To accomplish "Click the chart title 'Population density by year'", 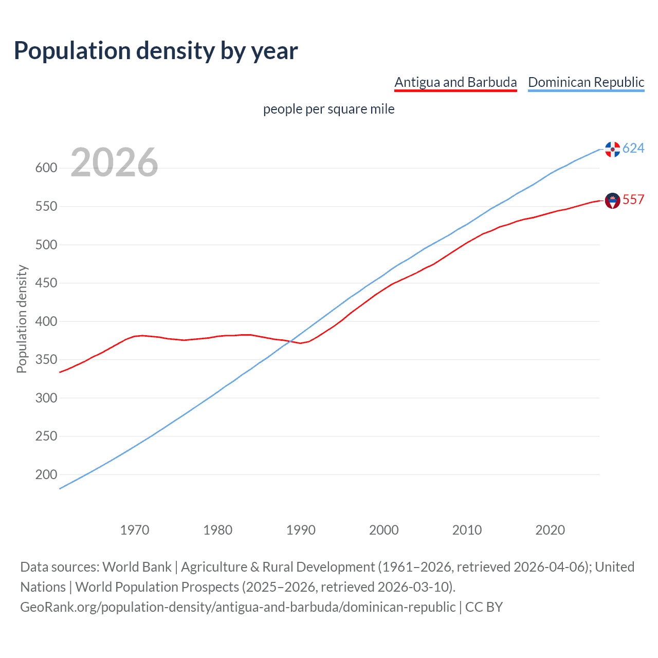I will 156,51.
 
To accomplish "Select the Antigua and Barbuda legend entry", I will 455,82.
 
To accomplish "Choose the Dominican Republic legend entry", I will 586,82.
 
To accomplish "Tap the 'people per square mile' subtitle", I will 329,109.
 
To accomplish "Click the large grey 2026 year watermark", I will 114,162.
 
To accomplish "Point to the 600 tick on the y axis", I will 46,168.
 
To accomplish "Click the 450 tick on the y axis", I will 46,283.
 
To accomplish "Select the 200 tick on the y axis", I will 46,474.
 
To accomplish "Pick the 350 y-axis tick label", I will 46,360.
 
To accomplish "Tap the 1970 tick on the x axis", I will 135,530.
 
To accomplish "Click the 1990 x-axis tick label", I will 301,530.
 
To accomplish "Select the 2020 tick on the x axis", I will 550,530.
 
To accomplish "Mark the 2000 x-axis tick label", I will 384,530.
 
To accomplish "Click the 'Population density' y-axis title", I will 22,319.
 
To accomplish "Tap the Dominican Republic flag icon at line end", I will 612,149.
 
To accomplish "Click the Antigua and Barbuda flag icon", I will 612,200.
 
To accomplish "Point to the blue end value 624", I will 633,149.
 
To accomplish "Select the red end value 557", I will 633,200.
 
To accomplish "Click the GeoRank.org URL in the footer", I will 238,607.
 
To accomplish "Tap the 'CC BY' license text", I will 484,607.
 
